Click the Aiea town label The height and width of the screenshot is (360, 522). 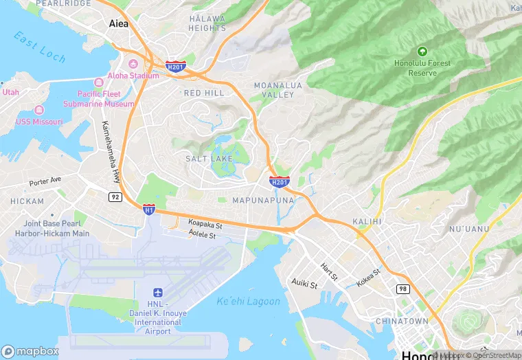point(118,23)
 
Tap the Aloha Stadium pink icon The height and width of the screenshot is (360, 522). point(133,64)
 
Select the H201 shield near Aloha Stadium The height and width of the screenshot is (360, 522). point(174,67)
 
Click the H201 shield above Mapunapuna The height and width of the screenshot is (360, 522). point(279,181)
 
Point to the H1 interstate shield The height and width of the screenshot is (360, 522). point(148,208)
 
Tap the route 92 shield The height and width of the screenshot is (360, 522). point(115,196)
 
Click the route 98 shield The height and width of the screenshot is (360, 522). point(402,289)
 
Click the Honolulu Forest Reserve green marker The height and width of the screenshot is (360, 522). point(422,51)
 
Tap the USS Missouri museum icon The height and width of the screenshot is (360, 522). point(39,111)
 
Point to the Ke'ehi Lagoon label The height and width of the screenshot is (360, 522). point(248,301)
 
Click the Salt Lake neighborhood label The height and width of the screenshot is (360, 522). point(209,159)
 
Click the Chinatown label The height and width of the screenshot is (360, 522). point(402,321)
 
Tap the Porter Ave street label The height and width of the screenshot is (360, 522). point(45,182)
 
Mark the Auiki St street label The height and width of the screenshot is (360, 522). point(304,283)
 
